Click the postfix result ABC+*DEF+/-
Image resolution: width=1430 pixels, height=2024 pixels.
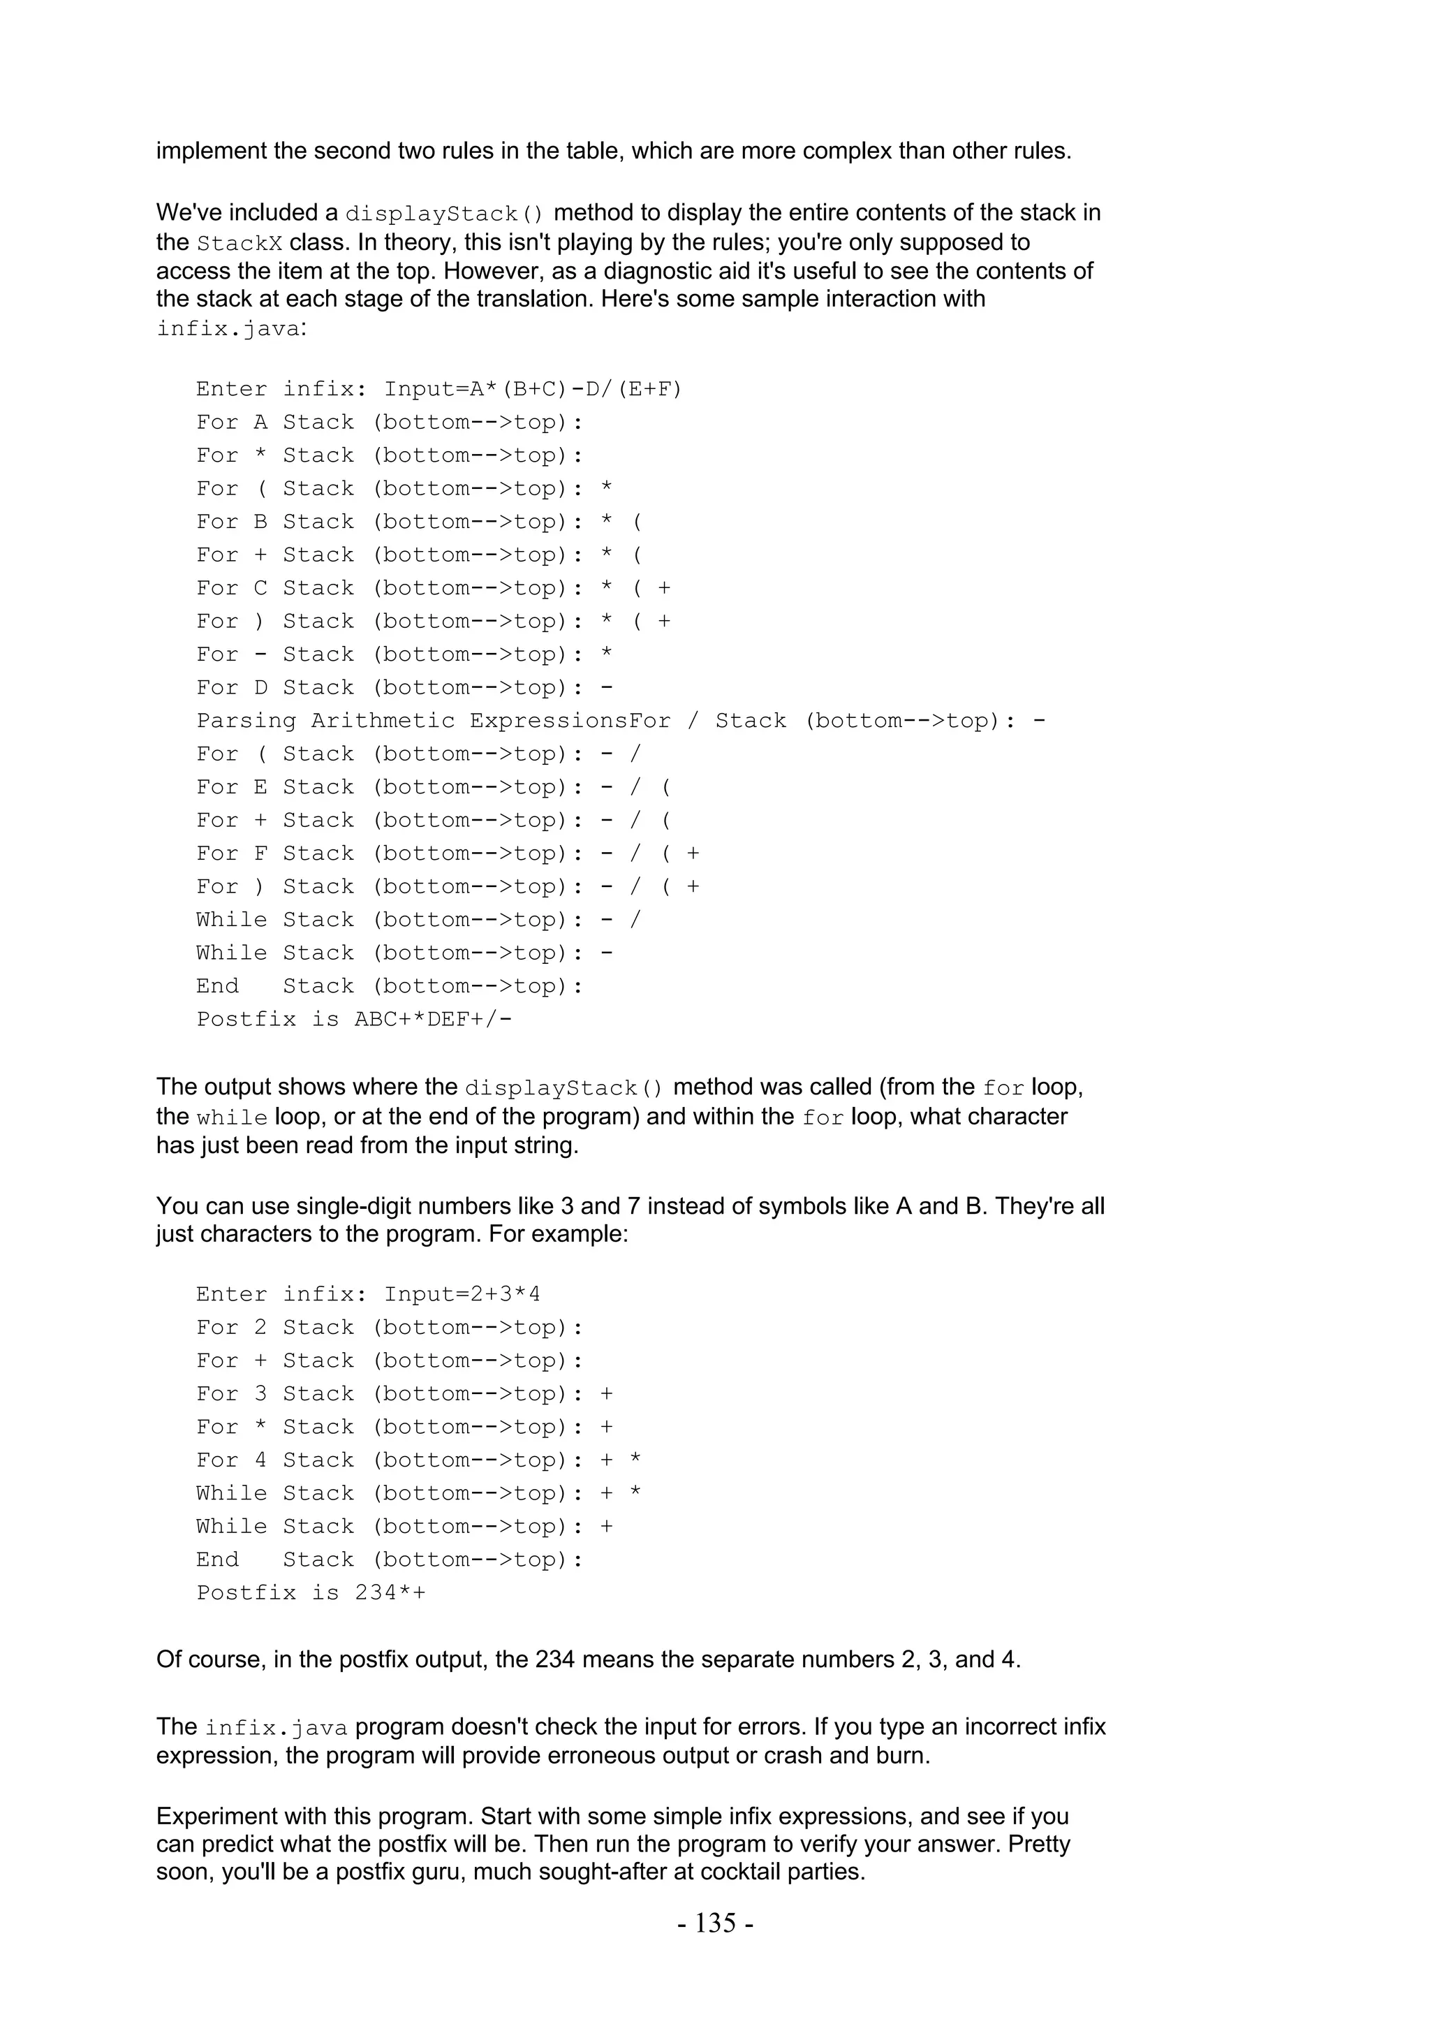[x=434, y=1019]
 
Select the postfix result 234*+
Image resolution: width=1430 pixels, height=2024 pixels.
[x=390, y=1593]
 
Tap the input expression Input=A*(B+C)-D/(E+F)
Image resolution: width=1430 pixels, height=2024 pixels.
[x=533, y=389]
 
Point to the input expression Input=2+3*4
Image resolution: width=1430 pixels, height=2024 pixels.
[x=462, y=1294]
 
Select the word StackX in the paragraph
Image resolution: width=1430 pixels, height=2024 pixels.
[x=239, y=242]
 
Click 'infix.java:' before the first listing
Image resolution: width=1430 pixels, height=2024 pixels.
[x=231, y=329]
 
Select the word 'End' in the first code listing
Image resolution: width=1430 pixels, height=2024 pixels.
[x=216, y=985]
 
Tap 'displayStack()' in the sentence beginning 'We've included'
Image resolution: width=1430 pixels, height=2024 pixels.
[x=444, y=213]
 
